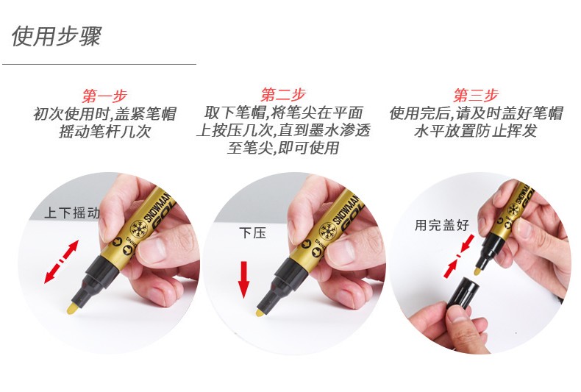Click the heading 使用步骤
(x=57, y=36)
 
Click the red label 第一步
(x=105, y=96)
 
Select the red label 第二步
(x=283, y=94)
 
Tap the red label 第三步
(x=476, y=95)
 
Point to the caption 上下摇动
(x=72, y=213)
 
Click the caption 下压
(x=253, y=232)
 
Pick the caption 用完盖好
(x=442, y=224)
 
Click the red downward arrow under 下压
(x=243, y=279)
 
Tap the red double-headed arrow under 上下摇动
(x=62, y=262)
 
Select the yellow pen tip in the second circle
(x=260, y=313)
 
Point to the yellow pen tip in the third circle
(x=477, y=271)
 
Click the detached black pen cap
(x=463, y=295)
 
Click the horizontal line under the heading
(x=99, y=64)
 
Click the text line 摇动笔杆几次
(x=105, y=132)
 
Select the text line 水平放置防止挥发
(x=476, y=131)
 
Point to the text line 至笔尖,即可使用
(x=283, y=149)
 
